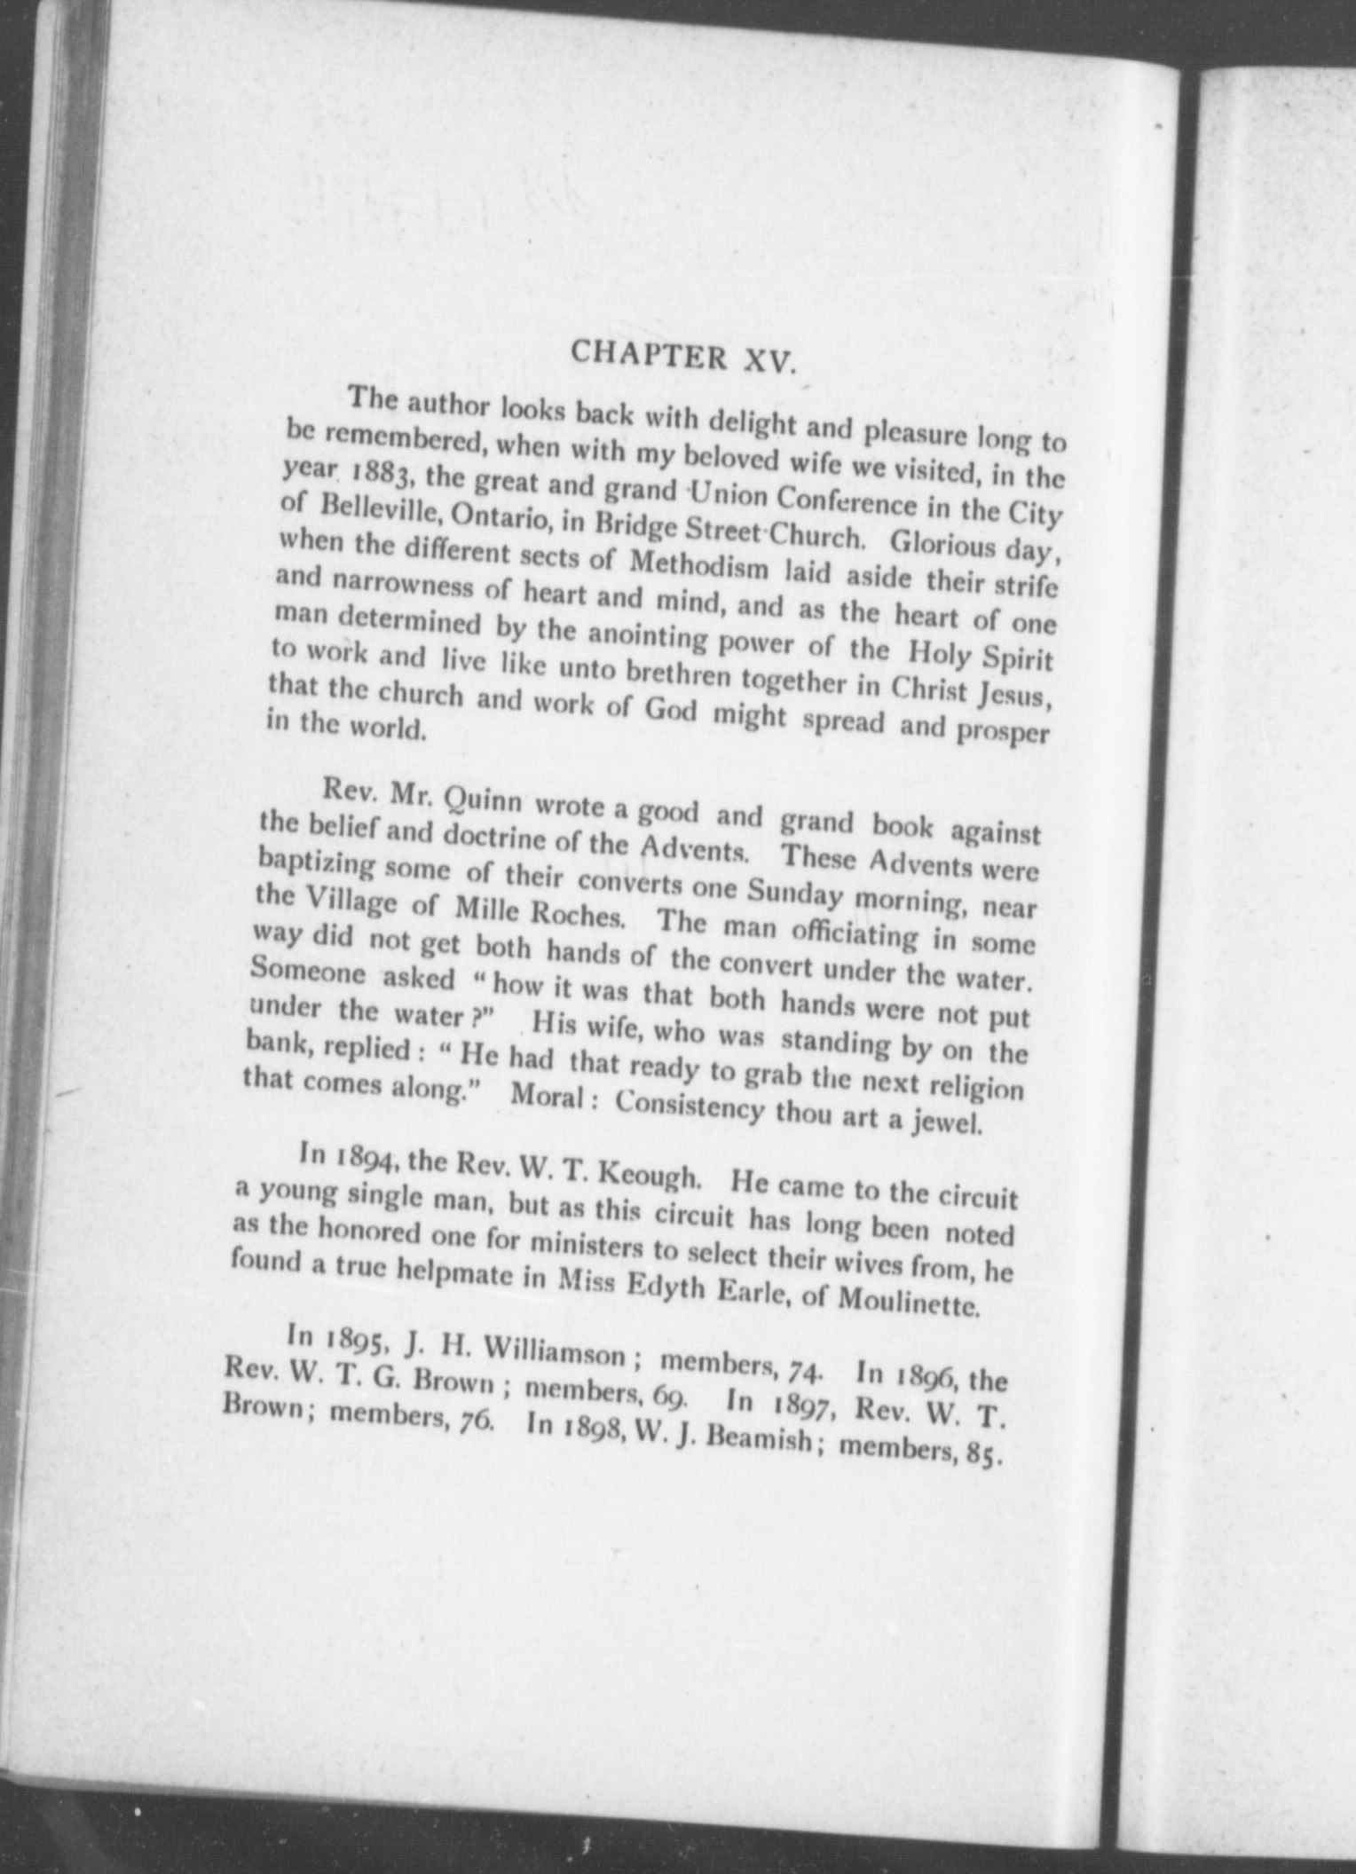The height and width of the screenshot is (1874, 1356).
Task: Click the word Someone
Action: pos(308,972)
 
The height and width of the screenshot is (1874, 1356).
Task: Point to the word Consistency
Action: pos(689,1106)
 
